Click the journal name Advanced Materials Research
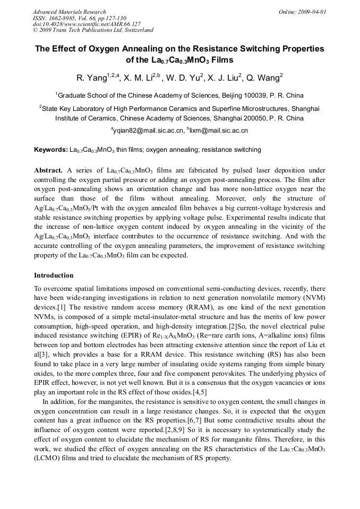tap(69, 12)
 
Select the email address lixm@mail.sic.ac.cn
tap(219, 130)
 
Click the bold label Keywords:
tap(50, 150)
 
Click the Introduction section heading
tap(54, 275)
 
